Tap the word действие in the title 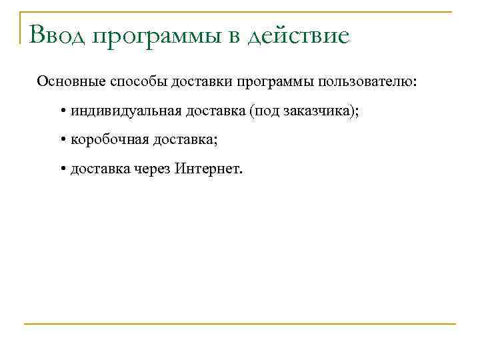[299, 35]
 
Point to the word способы [133, 82]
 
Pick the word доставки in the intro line [197, 81]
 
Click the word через [152, 169]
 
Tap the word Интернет [209, 169]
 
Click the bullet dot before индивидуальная [61, 111]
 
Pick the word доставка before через [100, 169]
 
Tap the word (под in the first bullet [261, 111]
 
